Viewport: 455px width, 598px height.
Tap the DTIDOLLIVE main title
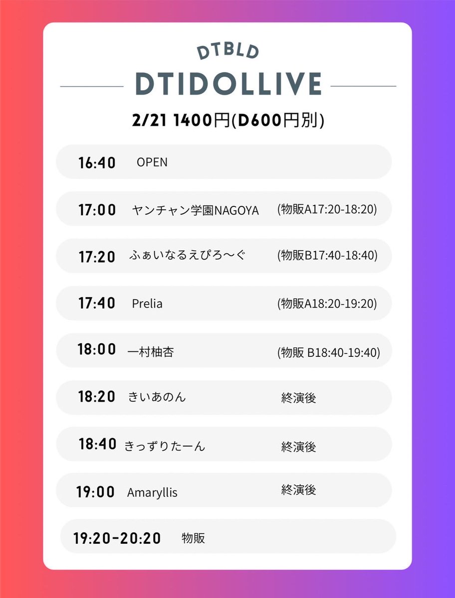228,84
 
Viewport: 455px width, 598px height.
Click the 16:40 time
97,162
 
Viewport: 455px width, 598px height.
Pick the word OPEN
152,162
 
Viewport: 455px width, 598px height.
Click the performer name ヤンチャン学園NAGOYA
196,210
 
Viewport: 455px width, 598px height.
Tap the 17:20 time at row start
97,257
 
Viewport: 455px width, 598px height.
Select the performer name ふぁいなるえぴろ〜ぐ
187,256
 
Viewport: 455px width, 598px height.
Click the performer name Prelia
147,303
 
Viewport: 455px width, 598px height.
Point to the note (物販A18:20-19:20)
327,303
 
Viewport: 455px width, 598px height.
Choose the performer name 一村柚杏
151,352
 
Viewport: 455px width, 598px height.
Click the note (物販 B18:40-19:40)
329,352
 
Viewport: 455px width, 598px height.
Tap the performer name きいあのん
157,397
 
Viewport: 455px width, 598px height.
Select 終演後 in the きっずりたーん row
298,446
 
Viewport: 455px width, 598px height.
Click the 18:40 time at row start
97,444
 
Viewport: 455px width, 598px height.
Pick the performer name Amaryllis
152,493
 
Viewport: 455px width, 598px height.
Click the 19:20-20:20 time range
117,538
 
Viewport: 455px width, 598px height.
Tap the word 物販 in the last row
193,538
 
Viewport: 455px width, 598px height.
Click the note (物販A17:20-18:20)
327,210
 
